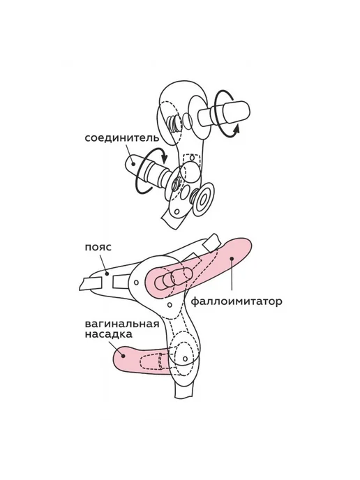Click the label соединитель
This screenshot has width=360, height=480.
122,138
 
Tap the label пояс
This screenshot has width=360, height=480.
98,247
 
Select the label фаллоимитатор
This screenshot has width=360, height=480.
236,302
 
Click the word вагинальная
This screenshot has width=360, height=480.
122,324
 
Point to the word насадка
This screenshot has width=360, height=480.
108,335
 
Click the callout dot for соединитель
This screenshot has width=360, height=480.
133,163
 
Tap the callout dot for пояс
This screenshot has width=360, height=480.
107,273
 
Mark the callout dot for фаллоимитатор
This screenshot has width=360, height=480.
232,259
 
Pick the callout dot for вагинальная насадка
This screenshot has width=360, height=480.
123,356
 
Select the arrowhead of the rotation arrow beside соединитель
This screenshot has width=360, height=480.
165,158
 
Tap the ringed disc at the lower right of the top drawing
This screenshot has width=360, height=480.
202,198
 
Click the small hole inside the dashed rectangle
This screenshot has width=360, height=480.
192,158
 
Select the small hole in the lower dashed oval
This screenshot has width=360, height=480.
185,359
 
